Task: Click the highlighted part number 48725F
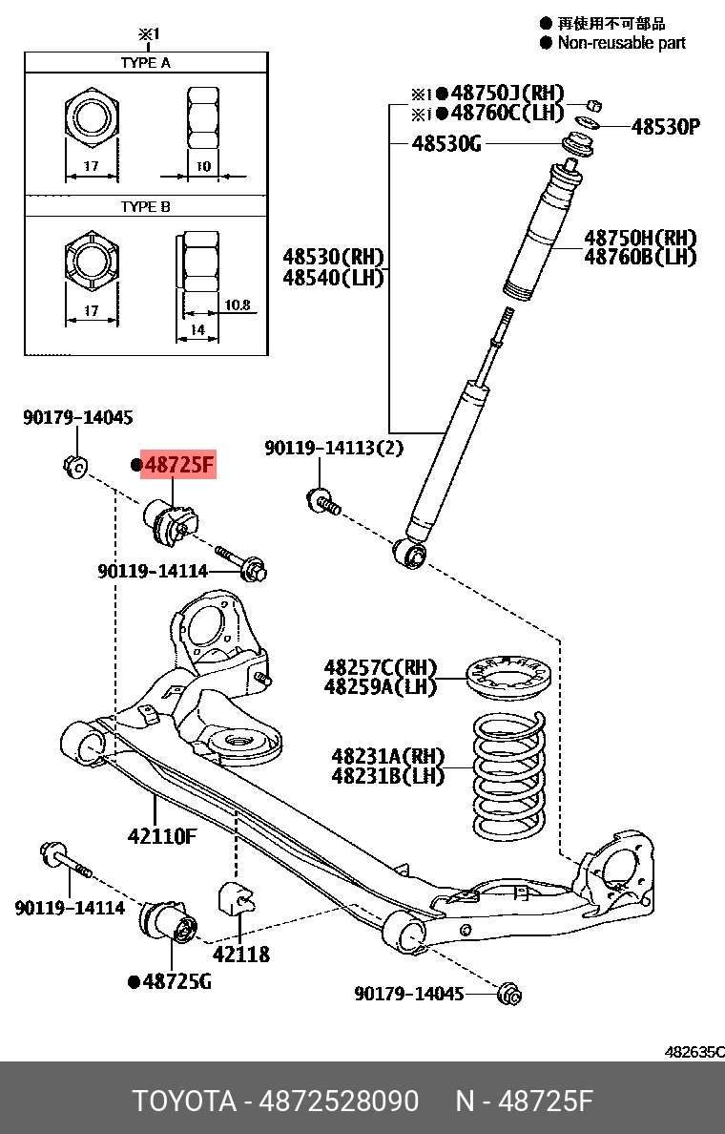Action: [179, 466]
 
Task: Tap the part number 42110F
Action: [162, 837]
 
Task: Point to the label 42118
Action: [240, 954]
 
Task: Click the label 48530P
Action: [665, 127]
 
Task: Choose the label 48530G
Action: [446, 144]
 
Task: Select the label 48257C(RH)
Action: [380, 667]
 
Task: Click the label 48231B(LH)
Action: [388, 776]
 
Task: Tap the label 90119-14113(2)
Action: [334, 448]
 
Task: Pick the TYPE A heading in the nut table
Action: [145, 62]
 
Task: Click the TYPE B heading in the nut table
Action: [145, 206]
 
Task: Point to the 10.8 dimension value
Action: [237, 305]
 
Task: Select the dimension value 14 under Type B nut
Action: [198, 330]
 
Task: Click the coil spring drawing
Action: [510, 773]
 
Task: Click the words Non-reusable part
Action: [621, 42]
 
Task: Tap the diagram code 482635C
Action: [694, 1051]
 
